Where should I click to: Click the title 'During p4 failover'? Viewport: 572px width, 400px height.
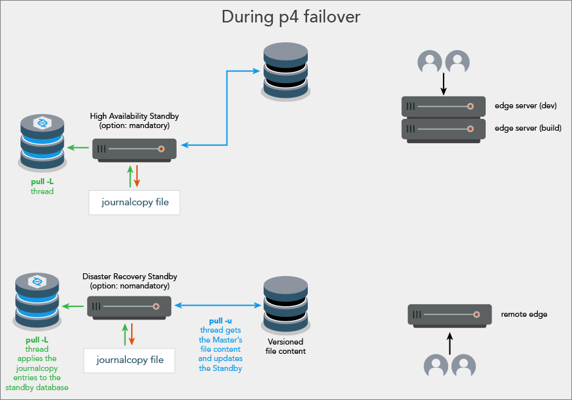click(291, 17)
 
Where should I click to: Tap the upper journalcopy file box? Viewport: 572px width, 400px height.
click(134, 202)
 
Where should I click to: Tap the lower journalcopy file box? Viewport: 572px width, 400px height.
click(129, 360)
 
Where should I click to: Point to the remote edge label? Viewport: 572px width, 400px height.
click(524, 314)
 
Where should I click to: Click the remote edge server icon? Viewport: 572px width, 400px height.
click(449, 314)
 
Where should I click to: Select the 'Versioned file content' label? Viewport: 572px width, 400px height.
click(285, 347)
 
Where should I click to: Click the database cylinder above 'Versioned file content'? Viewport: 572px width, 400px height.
click(285, 305)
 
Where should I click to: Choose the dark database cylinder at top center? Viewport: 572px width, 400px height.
click(285, 71)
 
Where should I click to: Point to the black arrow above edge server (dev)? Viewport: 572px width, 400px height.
click(443, 84)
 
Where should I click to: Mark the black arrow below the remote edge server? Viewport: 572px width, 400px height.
click(450, 343)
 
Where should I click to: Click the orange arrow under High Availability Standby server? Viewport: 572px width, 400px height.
click(137, 176)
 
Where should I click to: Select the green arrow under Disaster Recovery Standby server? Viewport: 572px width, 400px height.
click(125, 334)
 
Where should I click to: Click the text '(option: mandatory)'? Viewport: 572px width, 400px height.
click(134, 125)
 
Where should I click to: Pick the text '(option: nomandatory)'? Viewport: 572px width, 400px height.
click(129, 286)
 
